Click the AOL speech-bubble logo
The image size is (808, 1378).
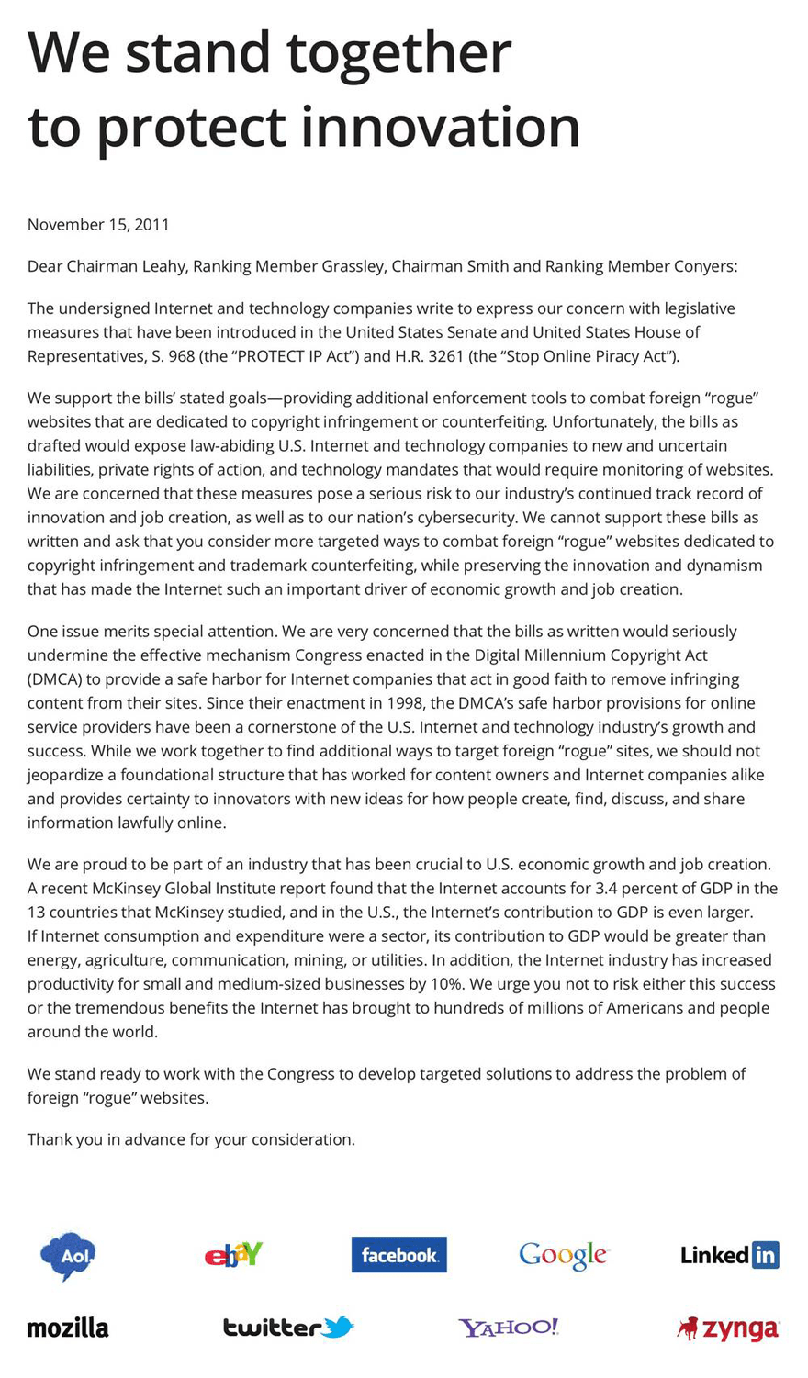pyautogui.click(x=67, y=1255)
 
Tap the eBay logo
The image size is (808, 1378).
pyautogui.click(x=233, y=1254)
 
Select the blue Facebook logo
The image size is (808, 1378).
pyautogui.click(x=398, y=1255)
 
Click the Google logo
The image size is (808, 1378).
pyautogui.click(x=563, y=1255)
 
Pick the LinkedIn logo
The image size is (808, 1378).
pyautogui.click(x=729, y=1255)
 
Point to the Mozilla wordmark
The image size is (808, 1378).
pyautogui.click(x=68, y=1328)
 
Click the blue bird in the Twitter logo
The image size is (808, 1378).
pyautogui.click(x=338, y=1327)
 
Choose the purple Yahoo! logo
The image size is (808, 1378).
pyautogui.click(x=509, y=1328)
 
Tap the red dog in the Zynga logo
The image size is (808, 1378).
pyautogui.click(x=687, y=1328)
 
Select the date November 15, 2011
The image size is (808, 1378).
pyautogui.click(x=98, y=225)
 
